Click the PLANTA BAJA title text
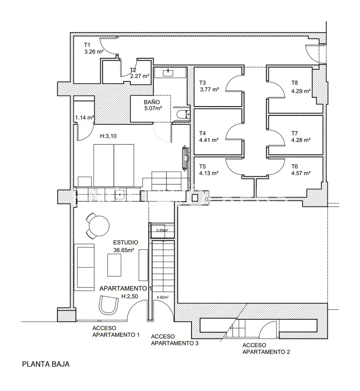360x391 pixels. [x=46, y=364]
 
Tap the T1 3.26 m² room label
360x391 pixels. [x=94, y=49]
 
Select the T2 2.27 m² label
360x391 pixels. [x=140, y=73]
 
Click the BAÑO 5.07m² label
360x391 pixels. [x=153, y=105]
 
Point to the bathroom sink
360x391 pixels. [x=168, y=72]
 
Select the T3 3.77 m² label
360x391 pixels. [x=209, y=86]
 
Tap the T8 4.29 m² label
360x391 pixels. [x=301, y=87]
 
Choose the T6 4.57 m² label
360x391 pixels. [x=301, y=170]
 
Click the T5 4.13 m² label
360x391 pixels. [x=209, y=170]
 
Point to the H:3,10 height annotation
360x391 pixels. [x=108, y=136]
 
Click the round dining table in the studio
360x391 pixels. [x=99, y=226]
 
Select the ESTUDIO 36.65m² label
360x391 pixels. [x=125, y=246]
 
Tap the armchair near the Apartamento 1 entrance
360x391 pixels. [x=109, y=305]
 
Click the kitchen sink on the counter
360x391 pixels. [x=120, y=194]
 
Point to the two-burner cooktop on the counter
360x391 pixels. [x=94, y=194]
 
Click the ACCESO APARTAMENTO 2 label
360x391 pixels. [x=266, y=348]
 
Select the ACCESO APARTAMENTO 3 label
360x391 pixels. [x=175, y=340]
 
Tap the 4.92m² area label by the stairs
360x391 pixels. [x=162, y=297]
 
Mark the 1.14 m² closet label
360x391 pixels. [x=85, y=117]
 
